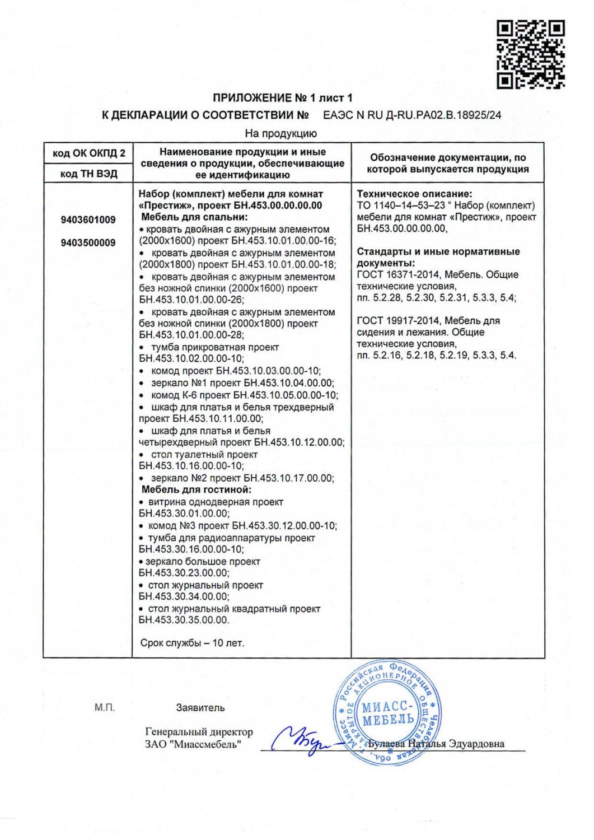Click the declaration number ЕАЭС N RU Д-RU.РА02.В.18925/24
412,116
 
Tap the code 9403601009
88,220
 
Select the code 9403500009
88,243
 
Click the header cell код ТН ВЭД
88,174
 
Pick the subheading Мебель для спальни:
194,217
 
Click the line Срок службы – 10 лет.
191,643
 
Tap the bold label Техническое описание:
414,194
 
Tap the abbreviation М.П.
105,708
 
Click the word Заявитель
200,708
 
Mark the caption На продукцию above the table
281,134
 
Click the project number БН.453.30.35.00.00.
184,620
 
